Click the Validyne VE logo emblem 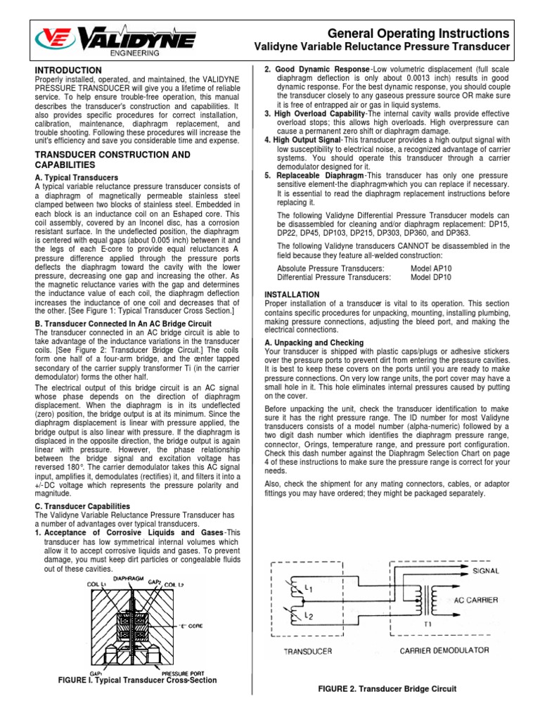[54, 39]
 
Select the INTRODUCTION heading [68, 70]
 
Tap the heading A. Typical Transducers [76, 177]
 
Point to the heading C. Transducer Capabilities [82, 506]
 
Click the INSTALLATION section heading [291, 294]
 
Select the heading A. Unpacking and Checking [314, 342]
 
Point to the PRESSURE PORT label [182, 673]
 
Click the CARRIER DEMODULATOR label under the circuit [444, 650]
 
